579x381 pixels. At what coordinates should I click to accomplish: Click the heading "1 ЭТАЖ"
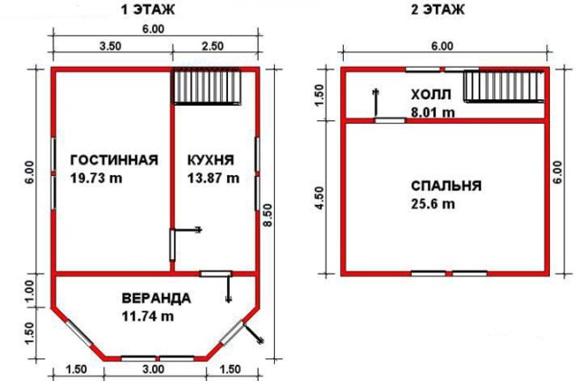coord(147,10)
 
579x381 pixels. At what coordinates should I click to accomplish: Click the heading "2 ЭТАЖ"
coord(438,10)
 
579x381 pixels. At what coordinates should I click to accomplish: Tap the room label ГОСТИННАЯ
coord(114,161)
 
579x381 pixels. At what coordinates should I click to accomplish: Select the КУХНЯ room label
coord(211,161)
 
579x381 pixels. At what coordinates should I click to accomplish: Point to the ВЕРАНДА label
coord(157,298)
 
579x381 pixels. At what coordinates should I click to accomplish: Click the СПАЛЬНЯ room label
coord(446,186)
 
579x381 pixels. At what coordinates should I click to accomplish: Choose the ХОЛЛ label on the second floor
coord(431,95)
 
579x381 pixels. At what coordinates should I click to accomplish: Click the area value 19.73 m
coord(96,179)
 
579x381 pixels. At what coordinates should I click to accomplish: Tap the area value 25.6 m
coord(432,204)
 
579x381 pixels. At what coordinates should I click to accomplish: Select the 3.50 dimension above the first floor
coord(110,46)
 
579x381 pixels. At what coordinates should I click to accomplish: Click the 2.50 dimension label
coord(213,46)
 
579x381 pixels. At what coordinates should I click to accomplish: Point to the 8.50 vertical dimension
coord(268,216)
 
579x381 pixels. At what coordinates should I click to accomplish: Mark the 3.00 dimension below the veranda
coord(153,369)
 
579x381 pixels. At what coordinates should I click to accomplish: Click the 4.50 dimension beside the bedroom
coord(319,199)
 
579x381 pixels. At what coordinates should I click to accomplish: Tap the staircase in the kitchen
coord(207,88)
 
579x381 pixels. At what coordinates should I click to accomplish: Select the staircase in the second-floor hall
coord(504,87)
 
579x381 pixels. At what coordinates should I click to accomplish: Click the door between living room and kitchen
coord(172,245)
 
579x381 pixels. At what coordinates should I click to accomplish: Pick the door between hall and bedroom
coord(390,120)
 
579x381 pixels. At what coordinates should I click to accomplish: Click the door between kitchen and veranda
coord(215,274)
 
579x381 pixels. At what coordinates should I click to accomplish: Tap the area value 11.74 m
coord(147,316)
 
